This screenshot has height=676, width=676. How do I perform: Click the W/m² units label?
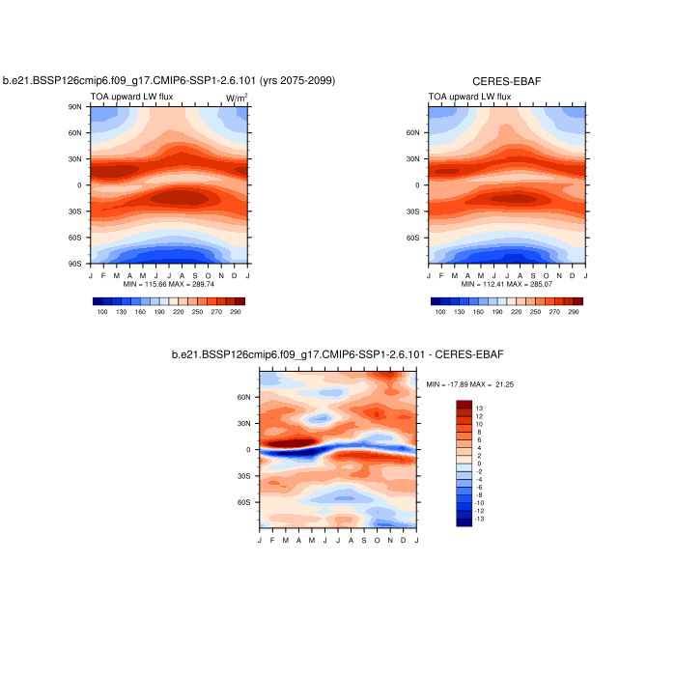pos(237,98)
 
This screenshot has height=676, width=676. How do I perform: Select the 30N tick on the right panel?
pos(418,159)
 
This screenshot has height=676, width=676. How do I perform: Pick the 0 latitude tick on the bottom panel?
pos(250,450)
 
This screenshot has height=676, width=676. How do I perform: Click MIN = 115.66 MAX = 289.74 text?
pos(169,285)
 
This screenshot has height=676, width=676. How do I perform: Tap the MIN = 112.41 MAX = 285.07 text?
pos(507,285)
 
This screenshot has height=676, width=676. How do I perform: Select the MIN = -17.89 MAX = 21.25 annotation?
pos(470,383)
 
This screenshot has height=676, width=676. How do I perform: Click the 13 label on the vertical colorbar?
pos(479,408)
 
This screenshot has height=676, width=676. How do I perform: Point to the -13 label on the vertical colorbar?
pos(479,519)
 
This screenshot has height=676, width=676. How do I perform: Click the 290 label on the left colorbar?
pos(235,312)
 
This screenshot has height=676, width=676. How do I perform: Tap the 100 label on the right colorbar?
pos(440,312)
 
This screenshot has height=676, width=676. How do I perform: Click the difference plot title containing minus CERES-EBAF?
pos(338,355)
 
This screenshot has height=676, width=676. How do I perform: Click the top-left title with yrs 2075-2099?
pos(169,81)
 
